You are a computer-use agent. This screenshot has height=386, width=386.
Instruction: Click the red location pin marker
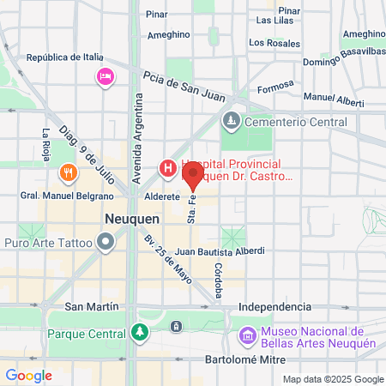point(192,177)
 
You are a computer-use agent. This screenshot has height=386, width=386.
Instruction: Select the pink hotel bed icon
point(105,76)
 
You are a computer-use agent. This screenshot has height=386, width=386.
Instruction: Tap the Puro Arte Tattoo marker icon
point(105,244)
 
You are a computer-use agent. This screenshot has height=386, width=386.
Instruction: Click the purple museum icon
point(249,335)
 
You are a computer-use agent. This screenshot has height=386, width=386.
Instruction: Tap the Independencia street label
point(274,306)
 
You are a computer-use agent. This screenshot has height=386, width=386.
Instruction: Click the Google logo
point(28,376)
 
